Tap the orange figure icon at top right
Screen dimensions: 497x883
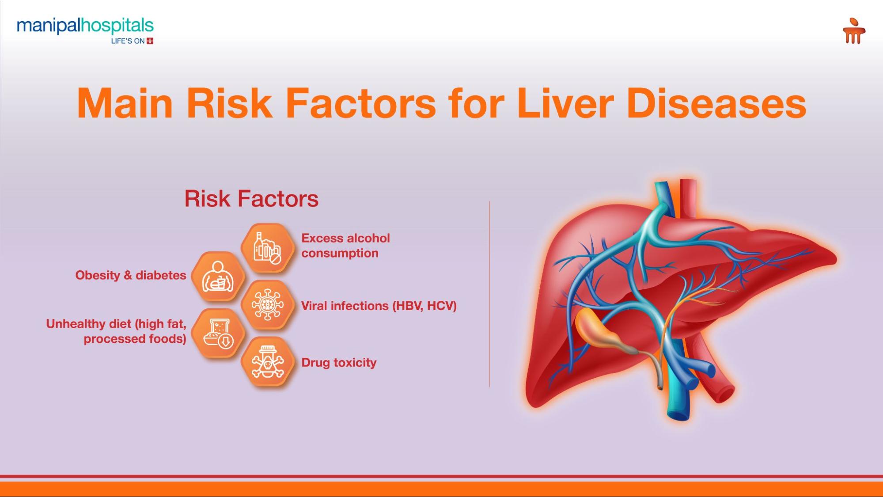pyautogui.click(x=853, y=31)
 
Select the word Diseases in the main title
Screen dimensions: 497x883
pyautogui.click(x=716, y=103)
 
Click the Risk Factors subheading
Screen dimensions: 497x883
pyautogui.click(x=251, y=199)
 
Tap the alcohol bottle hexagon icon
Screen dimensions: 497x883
pyautogui.click(x=267, y=248)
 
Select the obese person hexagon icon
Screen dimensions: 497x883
pyautogui.click(x=218, y=277)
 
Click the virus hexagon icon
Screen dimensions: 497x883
pyautogui.click(x=267, y=304)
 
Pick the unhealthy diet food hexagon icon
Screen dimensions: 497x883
pyautogui.click(x=218, y=334)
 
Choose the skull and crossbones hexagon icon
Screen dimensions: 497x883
pyautogui.click(x=267, y=363)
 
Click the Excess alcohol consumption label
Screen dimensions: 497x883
pyautogui.click(x=345, y=246)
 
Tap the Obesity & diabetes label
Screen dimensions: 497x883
pyautogui.click(x=131, y=275)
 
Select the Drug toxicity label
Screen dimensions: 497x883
pyautogui.click(x=339, y=363)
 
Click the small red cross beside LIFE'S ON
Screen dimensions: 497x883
pyautogui.click(x=150, y=41)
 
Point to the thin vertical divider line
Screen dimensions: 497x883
pyautogui.click(x=489, y=294)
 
